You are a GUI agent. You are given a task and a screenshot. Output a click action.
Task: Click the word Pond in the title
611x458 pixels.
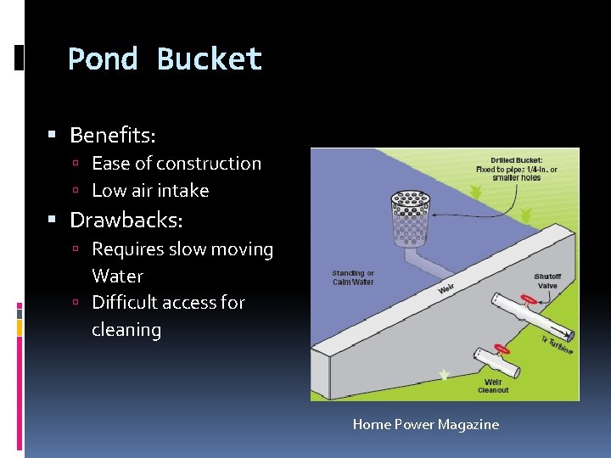[x=103, y=59]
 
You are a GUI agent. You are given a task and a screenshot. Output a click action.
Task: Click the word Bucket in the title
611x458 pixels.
[x=210, y=59]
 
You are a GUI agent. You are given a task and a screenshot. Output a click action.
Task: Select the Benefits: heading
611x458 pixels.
[x=112, y=135]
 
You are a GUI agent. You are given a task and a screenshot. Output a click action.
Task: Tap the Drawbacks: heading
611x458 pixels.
[x=126, y=221]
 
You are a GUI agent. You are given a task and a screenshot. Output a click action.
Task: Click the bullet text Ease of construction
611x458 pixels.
[x=176, y=163]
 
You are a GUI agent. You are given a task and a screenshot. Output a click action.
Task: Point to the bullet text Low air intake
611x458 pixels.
[x=149, y=190]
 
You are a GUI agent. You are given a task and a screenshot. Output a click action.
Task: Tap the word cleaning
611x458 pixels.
[x=126, y=329]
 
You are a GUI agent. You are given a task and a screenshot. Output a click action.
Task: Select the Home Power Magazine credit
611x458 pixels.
[x=425, y=424]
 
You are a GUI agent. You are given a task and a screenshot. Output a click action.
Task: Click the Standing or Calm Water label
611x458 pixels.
[x=353, y=277]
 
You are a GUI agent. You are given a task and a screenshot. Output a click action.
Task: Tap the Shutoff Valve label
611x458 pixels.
[x=547, y=281]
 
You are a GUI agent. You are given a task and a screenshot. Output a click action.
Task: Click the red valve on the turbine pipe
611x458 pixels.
[x=527, y=299]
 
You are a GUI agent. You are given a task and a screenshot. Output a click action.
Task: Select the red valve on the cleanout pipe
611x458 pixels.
[x=502, y=349]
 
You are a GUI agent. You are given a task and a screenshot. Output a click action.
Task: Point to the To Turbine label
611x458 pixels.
[x=556, y=344]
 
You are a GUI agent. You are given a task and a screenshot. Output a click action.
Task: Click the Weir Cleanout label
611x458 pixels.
[x=493, y=386]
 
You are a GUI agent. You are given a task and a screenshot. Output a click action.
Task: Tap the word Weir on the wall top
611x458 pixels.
[x=446, y=290]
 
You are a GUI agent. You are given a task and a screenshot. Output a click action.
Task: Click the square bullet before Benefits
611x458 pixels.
[x=52, y=135]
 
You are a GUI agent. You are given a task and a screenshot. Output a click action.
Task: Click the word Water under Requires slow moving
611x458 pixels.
[x=117, y=276]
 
